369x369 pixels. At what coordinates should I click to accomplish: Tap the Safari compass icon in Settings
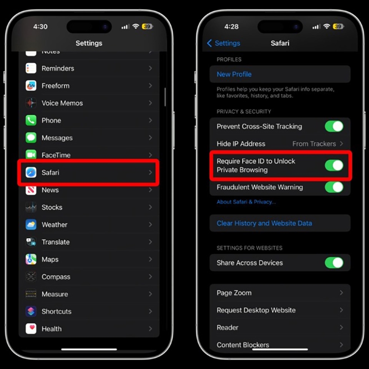[31, 173]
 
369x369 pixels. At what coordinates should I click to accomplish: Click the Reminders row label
[58, 68]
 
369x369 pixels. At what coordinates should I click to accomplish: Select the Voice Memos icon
[31, 103]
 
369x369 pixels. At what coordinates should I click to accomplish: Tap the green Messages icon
[31, 138]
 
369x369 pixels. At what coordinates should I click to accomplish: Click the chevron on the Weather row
[150, 224]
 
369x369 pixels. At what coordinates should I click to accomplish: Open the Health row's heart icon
[31, 329]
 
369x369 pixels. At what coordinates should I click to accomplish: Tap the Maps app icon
[31, 259]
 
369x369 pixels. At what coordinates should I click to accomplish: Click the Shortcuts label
[57, 311]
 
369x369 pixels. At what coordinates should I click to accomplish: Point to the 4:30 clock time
[40, 27]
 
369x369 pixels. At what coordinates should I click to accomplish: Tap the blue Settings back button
[224, 43]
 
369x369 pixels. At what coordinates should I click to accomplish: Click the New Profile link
[234, 74]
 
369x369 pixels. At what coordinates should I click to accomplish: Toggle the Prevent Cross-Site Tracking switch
[334, 126]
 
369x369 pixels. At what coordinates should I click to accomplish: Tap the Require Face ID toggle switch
[334, 166]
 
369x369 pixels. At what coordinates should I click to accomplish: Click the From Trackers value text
[314, 144]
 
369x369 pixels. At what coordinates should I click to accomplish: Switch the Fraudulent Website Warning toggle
[334, 187]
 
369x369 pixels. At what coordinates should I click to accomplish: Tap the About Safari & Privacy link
[246, 202]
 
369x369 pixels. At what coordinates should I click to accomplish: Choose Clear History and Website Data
[264, 223]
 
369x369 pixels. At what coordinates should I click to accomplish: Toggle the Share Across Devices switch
[334, 263]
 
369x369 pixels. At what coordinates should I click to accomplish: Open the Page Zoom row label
[234, 293]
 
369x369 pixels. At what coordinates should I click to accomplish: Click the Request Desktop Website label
[256, 310]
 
